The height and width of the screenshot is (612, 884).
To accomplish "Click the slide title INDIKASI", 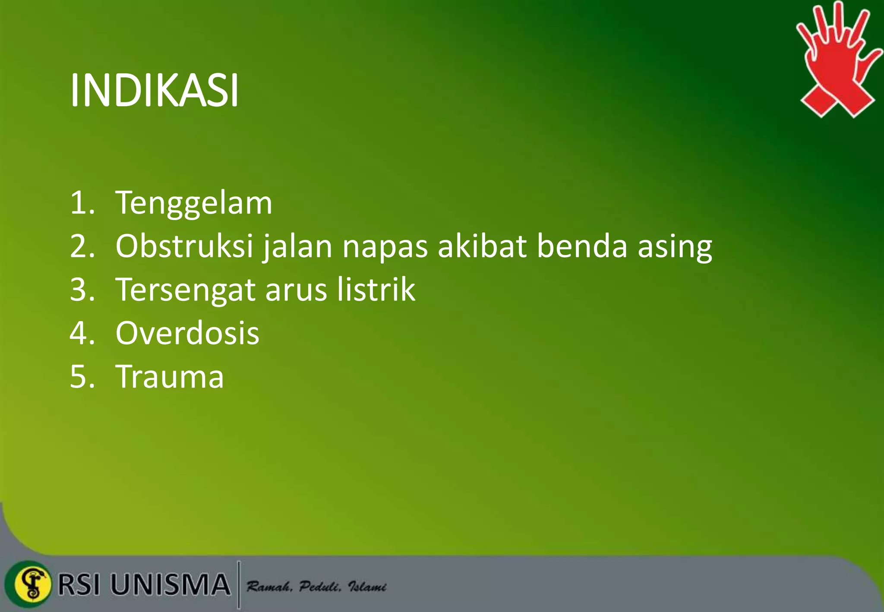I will point(154,91).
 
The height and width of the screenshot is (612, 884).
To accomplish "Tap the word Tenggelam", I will point(194,203).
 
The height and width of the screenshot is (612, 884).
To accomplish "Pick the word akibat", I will point(482,246).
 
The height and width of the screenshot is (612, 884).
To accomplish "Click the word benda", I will point(582,246).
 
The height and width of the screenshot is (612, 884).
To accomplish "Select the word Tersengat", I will point(186,290).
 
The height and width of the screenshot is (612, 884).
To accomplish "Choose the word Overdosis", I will point(187,333).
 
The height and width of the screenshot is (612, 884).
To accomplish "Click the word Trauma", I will point(170,377).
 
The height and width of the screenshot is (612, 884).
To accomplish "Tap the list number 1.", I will point(81,203).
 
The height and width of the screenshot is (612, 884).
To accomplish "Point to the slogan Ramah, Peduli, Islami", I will point(316,587).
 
